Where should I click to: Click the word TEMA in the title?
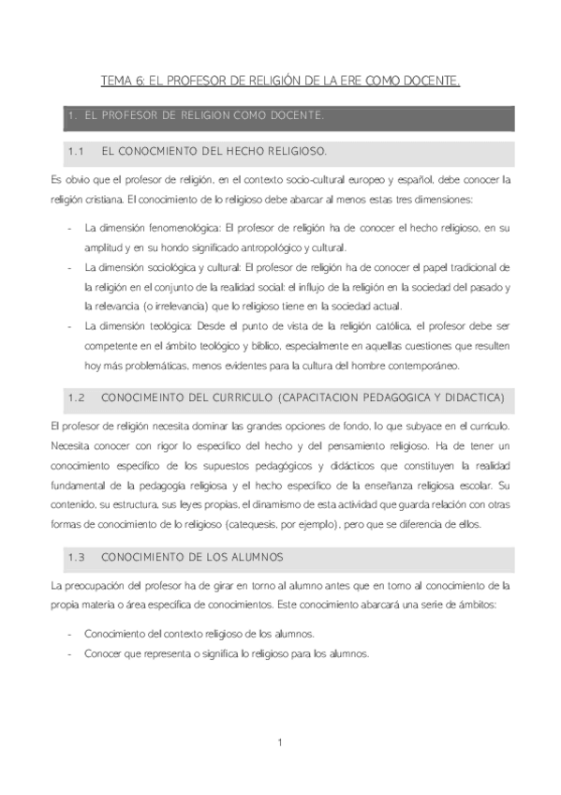[x=115, y=82]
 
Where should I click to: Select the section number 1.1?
[x=77, y=150]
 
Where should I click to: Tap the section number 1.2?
[x=77, y=398]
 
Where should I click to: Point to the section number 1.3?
[x=77, y=557]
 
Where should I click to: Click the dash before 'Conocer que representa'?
[x=71, y=653]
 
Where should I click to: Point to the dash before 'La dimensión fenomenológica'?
[x=71, y=228]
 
